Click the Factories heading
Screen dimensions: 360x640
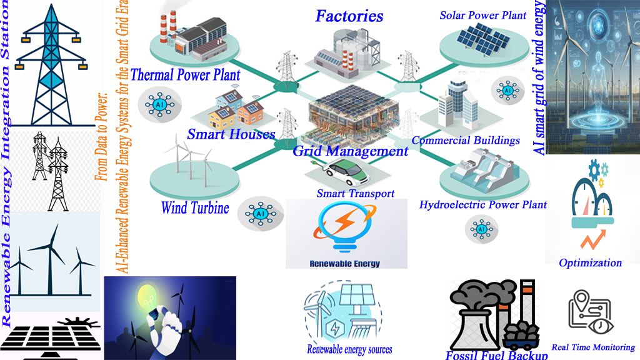[349, 16]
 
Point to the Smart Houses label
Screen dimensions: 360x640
[231, 134]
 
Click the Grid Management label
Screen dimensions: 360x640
[351, 151]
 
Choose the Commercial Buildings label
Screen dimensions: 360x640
[466, 140]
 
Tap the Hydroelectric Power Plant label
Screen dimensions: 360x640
[483, 204]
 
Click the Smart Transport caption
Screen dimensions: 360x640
[355, 193]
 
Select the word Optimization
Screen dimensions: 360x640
[590, 262]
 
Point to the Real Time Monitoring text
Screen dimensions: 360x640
[593, 347]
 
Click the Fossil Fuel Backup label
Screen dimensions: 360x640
[497, 355]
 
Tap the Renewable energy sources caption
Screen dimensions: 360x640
[349, 349]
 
